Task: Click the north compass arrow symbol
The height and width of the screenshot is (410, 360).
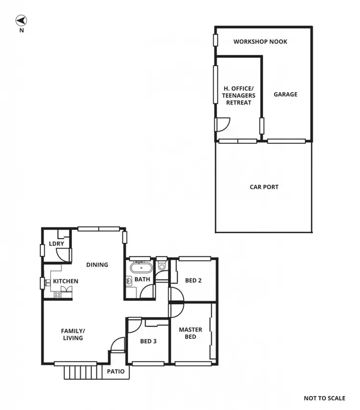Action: tap(21, 20)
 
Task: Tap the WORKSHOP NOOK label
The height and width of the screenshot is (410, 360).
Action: tap(260, 42)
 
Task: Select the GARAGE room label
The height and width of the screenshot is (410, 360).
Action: tap(286, 95)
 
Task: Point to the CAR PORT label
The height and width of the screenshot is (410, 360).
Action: tap(264, 187)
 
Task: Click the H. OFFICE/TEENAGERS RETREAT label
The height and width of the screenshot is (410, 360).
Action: tap(239, 96)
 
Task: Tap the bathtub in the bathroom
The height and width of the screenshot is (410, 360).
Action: tap(141, 267)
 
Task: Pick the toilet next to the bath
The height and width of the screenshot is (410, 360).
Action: tap(161, 265)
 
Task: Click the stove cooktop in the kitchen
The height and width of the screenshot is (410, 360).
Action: tap(58, 295)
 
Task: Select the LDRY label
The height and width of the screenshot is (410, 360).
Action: tap(56, 244)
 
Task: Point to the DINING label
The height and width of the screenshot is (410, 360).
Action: tap(97, 265)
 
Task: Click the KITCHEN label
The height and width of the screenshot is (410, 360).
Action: tap(65, 281)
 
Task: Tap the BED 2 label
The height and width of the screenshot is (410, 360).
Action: tap(193, 280)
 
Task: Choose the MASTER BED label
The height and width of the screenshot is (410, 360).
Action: tap(191, 333)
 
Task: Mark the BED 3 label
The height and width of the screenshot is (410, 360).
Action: tap(148, 342)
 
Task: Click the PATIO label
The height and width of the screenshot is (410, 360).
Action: tap(116, 372)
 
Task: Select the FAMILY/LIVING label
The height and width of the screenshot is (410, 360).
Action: tap(72, 334)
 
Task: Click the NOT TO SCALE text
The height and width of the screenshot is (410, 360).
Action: tap(324, 398)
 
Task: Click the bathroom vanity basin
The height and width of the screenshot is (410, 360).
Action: tap(129, 281)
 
